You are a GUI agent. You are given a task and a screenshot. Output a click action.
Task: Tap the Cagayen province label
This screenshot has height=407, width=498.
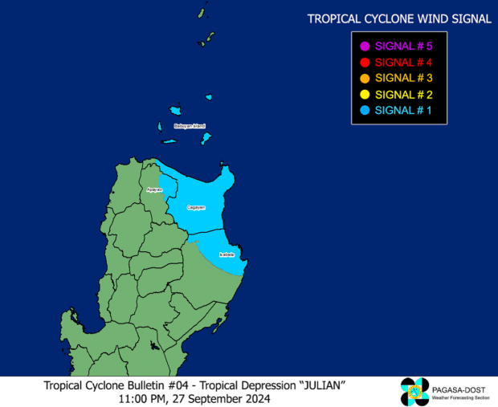[197, 207]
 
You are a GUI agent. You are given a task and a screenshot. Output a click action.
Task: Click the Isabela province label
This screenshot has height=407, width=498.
[227, 254]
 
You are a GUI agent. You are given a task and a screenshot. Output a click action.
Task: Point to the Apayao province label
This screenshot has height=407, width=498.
[154, 189]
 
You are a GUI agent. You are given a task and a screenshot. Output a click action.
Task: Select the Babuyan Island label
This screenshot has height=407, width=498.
[190, 126]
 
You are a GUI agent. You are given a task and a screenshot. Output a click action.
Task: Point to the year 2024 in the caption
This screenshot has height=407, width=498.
[255, 398]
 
